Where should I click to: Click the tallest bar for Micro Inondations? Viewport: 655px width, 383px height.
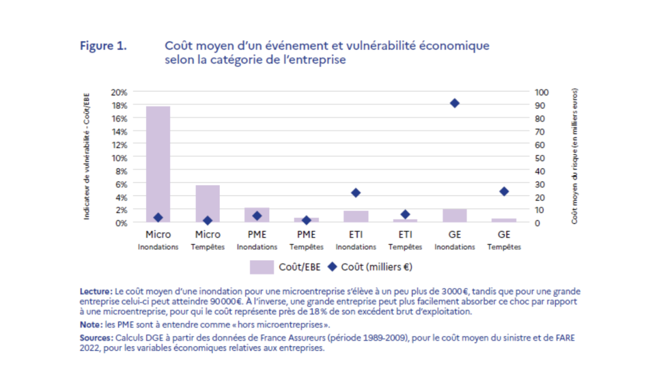pyautogui.click(x=158, y=164)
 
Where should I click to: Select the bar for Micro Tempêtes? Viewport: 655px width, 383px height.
pyautogui.click(x=207, y=204)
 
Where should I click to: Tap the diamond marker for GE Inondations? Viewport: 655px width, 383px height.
pyautogui.click(x=455, y=103)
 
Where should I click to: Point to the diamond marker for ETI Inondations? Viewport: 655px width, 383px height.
pyautogui.click(x=356, y=193)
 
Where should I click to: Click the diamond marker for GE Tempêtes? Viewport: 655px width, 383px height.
pyautogui.click(x=504, y=191)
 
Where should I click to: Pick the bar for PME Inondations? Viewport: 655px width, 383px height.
pyautogui.click(x=257, y=215)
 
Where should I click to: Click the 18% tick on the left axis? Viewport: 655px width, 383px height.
pyautogui.click(x=120, y=105)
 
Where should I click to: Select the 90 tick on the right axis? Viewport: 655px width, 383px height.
pyautogui.click(x=541, y=105)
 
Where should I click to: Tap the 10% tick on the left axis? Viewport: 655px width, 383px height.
pyautogui.click(x=120, y=158)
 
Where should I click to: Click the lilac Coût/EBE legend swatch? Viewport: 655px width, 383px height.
pyautogui.click(x=261, y=267)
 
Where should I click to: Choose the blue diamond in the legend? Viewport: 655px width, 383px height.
pyautogui.click(x=332, y=267)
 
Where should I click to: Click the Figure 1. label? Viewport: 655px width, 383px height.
pyautogui.click(x=104, y=46)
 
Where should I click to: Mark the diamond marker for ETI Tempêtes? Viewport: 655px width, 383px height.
pyautogui.click(x=405, y=214)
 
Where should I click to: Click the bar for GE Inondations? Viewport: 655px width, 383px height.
pyautogui.click(x=455, y=216)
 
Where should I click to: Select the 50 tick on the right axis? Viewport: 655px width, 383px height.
pyautogui.click(x=541, y=158)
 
